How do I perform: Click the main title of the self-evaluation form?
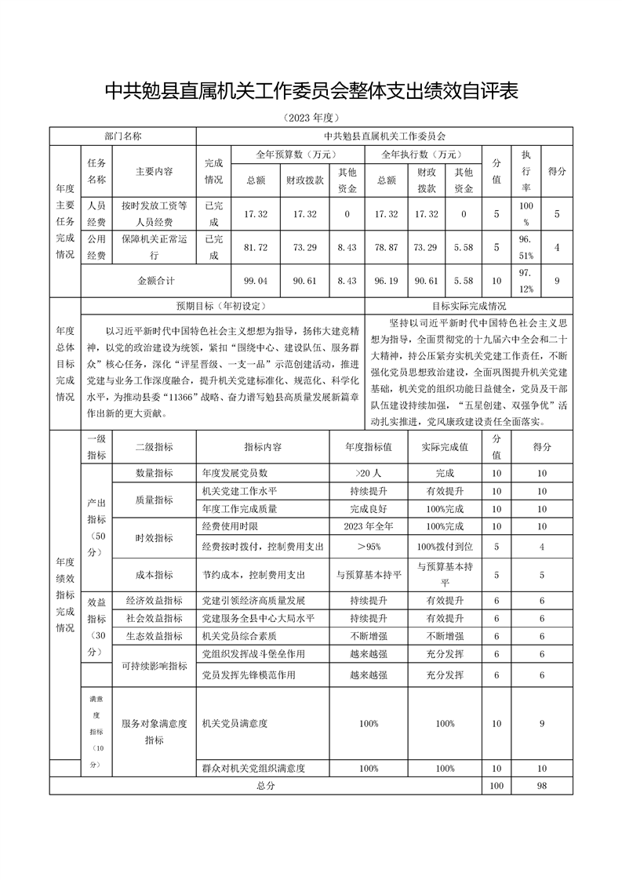coord(311,92)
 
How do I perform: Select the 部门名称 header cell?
coord(123,135)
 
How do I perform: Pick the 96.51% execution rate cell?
coord(526,247)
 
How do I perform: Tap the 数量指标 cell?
coord(155,474)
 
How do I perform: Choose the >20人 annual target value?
coord(367,474)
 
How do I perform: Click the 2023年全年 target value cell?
coord(367,525)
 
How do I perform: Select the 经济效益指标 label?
coord(155,600)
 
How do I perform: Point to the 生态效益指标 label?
coord(155,635)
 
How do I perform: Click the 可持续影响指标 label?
coord(155,666)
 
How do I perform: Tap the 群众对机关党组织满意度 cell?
coord(253,769)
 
